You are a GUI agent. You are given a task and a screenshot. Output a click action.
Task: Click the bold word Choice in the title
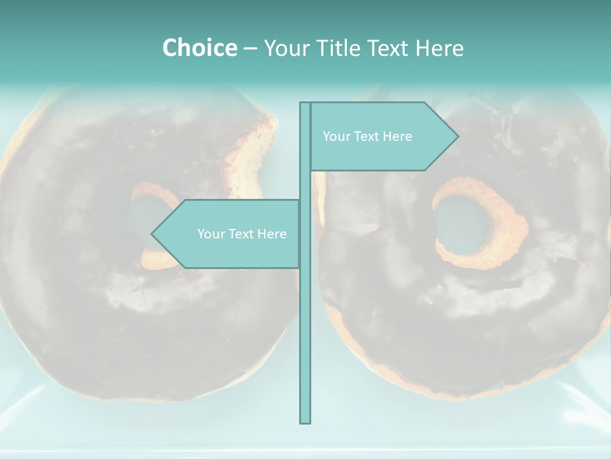click(199, 48)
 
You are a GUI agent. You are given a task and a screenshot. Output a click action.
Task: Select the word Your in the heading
click(286, 48)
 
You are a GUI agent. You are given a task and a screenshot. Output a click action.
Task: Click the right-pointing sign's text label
click(367, 136)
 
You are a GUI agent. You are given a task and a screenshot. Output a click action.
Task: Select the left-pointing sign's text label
click(242, 234)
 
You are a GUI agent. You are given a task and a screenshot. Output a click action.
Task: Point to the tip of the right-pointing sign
click(457, 136)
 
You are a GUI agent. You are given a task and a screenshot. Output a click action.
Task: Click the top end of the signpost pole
click(305, 104)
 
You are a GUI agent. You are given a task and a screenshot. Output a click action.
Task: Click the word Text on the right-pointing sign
click(369, 136)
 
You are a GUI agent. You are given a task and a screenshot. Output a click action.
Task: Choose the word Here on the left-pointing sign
click(272, 234)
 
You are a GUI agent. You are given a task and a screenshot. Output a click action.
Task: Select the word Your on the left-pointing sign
click(210, 234)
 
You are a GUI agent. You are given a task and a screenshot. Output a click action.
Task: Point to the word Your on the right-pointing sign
click(335, 136)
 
